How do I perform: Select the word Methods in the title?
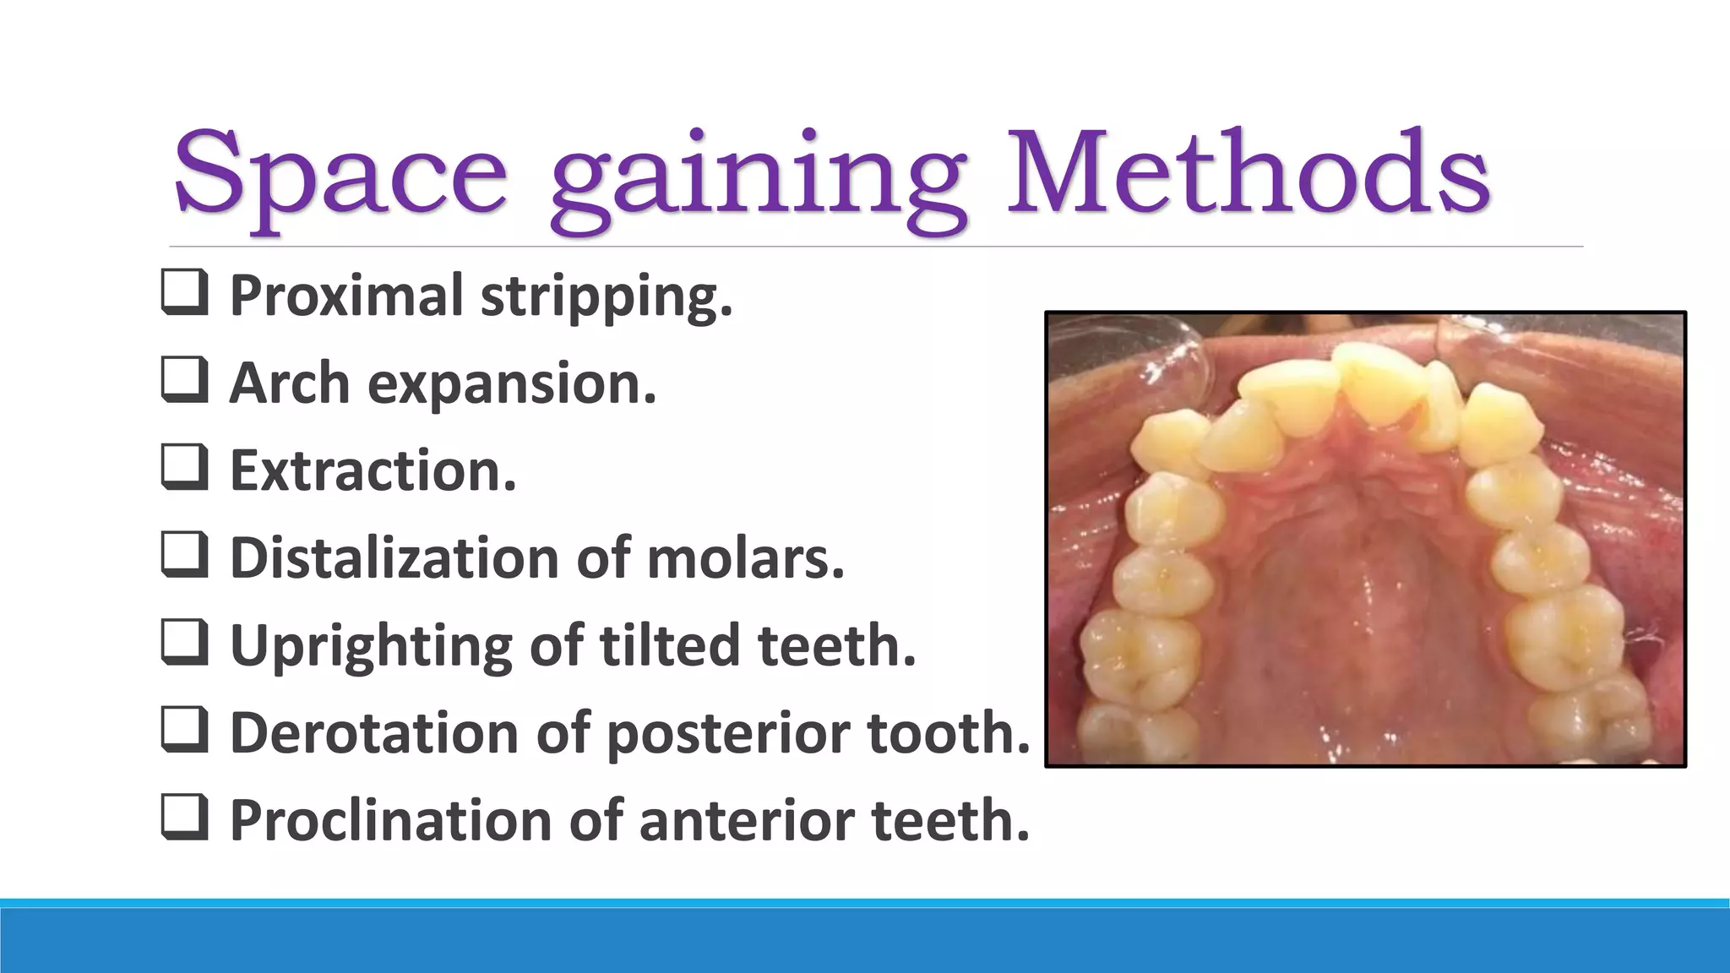point(1249,172)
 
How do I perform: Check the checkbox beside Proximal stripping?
point(183,292)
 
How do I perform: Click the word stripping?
point(607,297)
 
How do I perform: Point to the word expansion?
point(511,384)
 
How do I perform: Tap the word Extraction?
point(373,470)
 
